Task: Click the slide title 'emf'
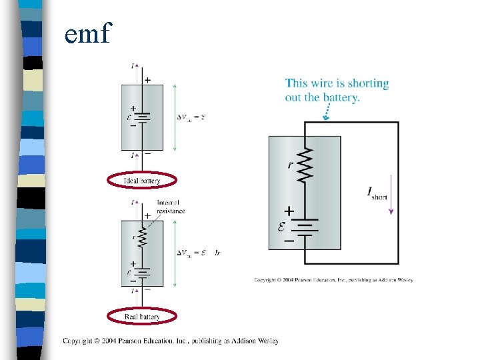89,33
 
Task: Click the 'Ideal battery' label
142,181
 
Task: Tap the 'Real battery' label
142,316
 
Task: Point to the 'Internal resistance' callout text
171,207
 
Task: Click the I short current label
377,193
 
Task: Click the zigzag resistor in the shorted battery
305,165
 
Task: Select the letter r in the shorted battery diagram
290,164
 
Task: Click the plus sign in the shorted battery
289,211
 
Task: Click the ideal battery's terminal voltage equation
191,117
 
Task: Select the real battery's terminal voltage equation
198,253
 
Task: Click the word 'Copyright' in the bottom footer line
77,341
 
